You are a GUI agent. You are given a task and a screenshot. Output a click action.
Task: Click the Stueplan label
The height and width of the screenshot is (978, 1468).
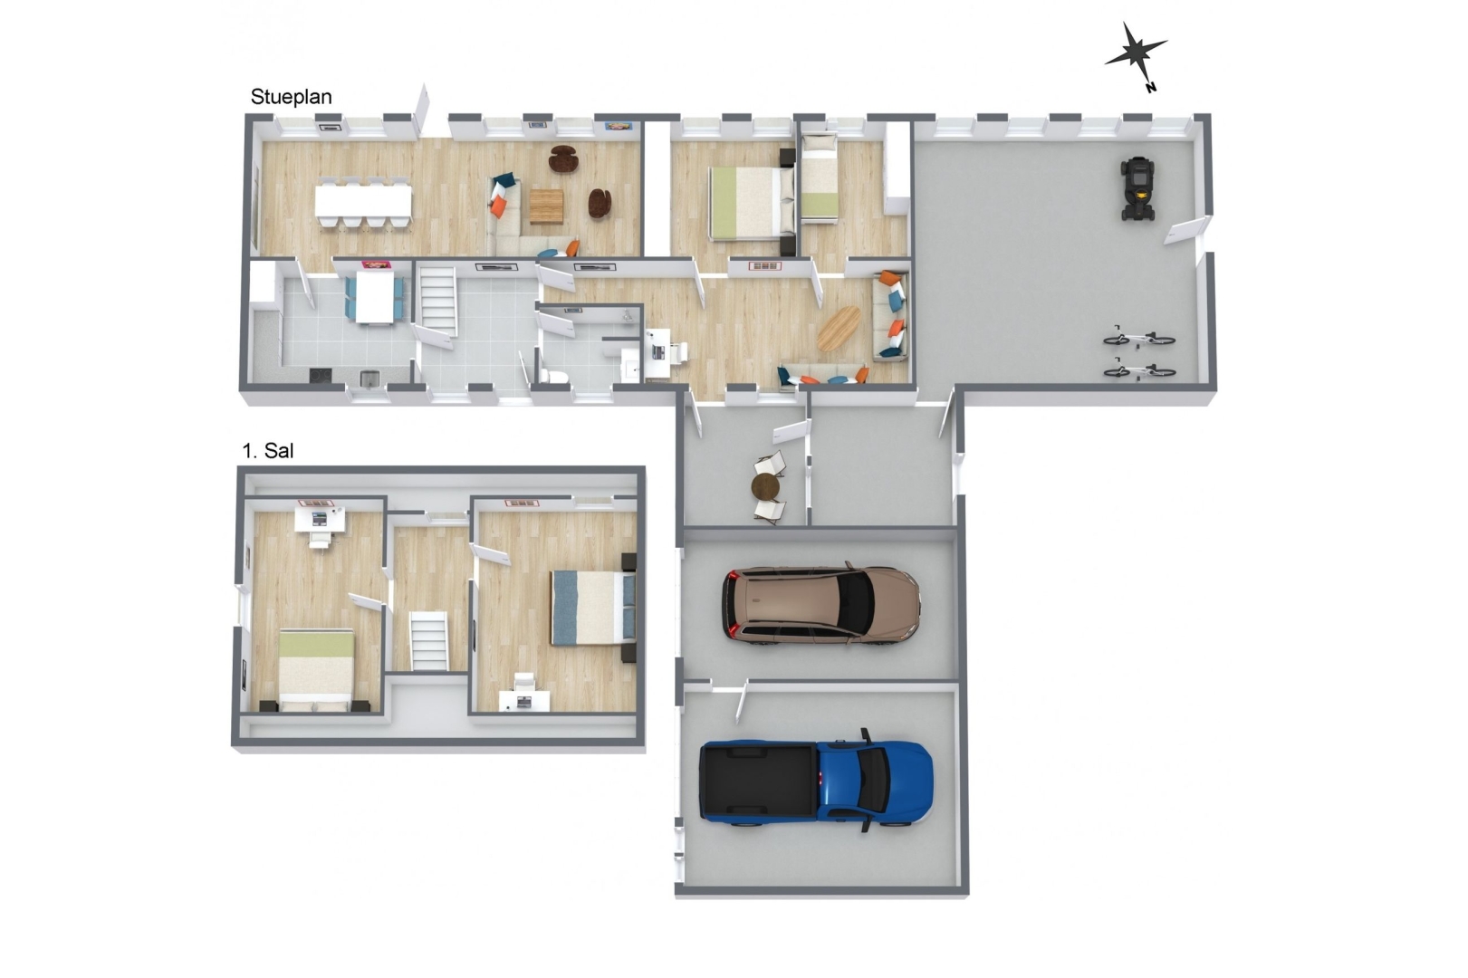[291, 97]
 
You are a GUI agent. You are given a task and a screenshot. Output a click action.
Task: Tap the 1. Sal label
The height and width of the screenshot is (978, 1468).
[268, 451]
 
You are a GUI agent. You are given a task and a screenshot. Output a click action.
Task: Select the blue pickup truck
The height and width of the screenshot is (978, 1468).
[817, 781]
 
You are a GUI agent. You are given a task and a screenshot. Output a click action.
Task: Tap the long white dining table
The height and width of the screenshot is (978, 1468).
[364, 201]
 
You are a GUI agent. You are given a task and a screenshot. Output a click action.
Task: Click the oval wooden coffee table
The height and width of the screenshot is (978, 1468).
[839, 329]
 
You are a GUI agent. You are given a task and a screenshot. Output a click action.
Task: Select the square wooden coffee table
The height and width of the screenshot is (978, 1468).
[546, 206]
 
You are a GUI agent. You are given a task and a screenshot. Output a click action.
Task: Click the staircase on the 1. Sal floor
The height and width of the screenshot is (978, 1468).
[429, 641]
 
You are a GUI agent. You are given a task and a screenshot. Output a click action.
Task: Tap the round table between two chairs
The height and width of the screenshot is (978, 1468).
[765, 487]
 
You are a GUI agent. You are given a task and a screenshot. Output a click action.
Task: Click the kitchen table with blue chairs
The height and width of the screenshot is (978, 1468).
[374, 296]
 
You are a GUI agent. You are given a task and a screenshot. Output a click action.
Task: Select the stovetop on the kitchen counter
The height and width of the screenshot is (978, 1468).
[321, 375]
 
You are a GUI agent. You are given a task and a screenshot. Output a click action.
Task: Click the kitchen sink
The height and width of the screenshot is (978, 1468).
[369, 379]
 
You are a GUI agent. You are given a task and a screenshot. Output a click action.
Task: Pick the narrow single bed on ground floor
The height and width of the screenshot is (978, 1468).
[820, 177]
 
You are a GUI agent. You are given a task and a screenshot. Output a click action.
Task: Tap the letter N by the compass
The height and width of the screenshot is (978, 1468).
[1151, 87]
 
